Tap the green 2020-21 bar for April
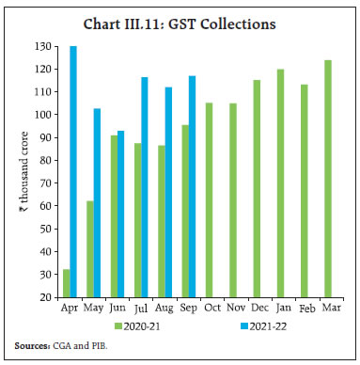point(66,283)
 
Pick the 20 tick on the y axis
point(43,296)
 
